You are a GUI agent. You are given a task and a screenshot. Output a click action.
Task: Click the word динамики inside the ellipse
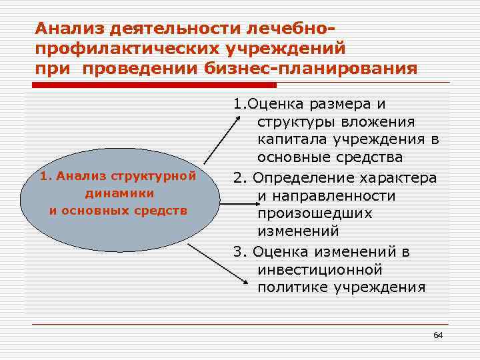[120, 193]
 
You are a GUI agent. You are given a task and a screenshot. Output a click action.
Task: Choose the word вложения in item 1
[377, 122]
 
